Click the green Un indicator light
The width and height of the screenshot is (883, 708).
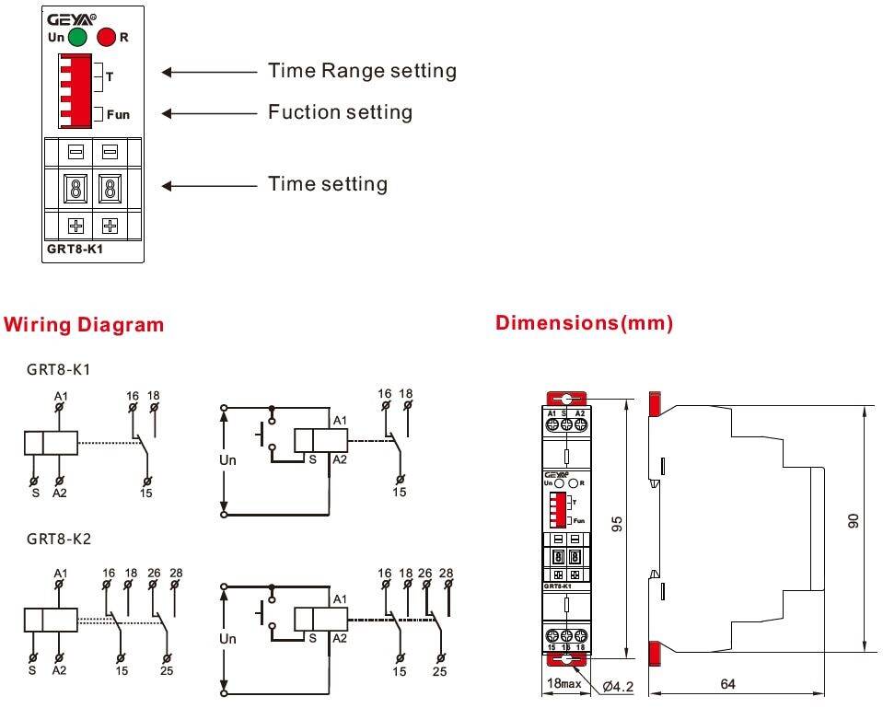pyautogui.click(x=77, y=37)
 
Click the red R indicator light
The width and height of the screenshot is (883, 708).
pyautogui.click(x=106, y=37)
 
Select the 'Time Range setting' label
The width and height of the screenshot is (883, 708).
pyautogui.click(x=362, y=71)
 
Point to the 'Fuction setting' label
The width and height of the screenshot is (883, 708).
pyautogui.click(x=340, y=112)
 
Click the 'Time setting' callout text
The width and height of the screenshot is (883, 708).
pyautogui.click(x=327, y=184)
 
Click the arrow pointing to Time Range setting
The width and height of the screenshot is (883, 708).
pyautogui.click(x=209, y=71)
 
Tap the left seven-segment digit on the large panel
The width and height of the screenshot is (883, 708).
pyautogui.click(x=75, y=190)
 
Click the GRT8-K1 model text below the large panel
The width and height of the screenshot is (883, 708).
pyautogui.click(x=75, y=248)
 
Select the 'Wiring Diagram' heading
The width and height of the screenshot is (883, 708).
pyautogui.click(x=85, y=325)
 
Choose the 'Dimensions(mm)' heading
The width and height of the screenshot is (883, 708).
pyautogui.click(x=585, y=323)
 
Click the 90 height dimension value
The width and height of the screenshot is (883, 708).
pyautogui.click(x=854, y=522)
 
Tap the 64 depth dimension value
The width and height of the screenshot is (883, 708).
pyautogui.click(x=726, y=685)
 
